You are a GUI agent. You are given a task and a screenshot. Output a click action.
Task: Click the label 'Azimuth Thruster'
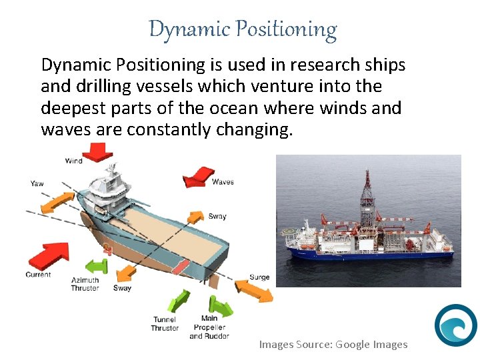pyautogui.click(x=85, y=284)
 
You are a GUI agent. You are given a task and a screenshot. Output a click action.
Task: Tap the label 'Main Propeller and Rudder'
pyautogui.click(x=209, y=327)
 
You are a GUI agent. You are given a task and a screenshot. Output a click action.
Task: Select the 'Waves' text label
pyautogui.click(x=223, y=181)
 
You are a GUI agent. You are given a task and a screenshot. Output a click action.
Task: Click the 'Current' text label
pyautogui.click(x=38, y=275)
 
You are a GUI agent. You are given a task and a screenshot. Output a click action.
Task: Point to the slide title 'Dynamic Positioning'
pyautogui.click(x=243, y=29)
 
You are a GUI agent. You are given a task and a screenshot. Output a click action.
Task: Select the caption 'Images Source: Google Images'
pyautogui.click(x=333, y=344)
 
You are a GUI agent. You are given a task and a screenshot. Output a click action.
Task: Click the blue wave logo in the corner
pyautogui.click(x=455, y=325)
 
